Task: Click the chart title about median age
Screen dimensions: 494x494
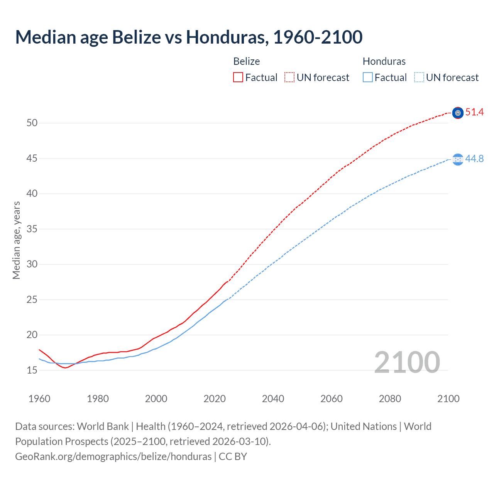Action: (189, 37)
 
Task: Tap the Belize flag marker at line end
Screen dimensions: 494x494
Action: (458, 113)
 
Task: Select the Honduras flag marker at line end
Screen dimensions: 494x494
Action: (458, 159)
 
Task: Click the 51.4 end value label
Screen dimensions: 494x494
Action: (474, 112)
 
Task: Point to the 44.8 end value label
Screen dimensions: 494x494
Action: (474, 159)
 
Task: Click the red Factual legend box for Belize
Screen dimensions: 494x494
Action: (238, 78)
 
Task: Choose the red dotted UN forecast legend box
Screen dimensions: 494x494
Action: (289, 78)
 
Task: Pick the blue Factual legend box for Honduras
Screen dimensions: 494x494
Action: (368, 78)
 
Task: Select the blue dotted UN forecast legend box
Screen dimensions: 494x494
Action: (419, 78)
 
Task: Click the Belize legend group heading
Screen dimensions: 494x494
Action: (247, 61)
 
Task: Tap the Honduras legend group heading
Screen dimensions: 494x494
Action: (384, 61)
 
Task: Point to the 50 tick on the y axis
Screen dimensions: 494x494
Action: (32, 123)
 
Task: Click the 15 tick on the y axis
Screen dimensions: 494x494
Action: (32, 370)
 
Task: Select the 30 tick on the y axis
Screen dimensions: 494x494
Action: (32, 264)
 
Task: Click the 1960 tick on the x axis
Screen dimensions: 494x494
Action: (39, 399)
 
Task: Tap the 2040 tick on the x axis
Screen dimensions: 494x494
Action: (273, 399)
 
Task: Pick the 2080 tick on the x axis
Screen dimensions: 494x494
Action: (390, 399)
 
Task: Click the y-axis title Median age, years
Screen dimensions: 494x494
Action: (16, 240)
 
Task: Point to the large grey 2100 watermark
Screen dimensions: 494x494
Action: (407, 362)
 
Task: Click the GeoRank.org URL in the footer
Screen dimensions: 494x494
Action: (113, 457)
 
